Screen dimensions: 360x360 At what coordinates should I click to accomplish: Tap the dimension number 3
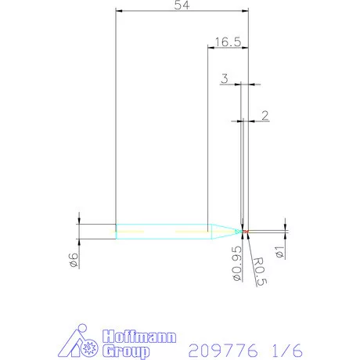(225, 78)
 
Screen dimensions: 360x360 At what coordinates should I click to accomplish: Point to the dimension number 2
(264, 116)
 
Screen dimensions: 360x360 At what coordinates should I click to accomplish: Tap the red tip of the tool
(246, 232)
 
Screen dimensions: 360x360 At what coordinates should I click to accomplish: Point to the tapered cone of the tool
(225, 231)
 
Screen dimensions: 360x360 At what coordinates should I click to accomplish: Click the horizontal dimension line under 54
(182, 12)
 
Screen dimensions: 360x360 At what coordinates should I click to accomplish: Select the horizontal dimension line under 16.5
(227, 48)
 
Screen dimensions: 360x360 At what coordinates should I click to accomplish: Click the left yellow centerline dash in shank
(133, 232)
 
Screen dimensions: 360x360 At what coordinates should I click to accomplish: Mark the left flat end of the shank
(116, 231)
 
